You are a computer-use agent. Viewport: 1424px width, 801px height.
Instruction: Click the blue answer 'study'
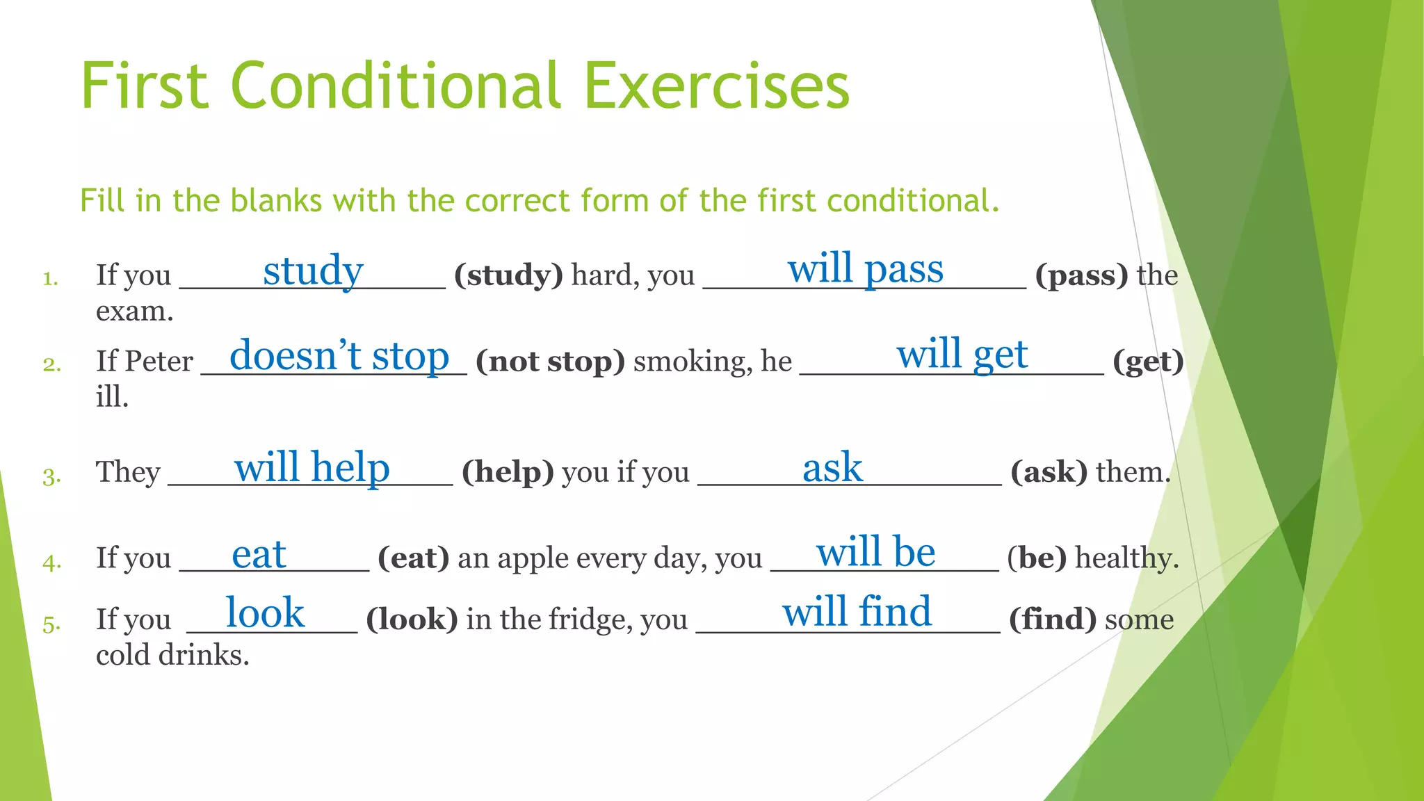click(313, 270)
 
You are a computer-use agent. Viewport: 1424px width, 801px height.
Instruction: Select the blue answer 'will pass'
click(865, 268)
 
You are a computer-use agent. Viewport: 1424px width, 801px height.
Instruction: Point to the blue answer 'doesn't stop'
click(339, 356)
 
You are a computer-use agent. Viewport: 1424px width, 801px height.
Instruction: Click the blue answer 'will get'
click(962, 354)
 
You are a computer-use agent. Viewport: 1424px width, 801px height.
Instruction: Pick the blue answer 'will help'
click(311, 467)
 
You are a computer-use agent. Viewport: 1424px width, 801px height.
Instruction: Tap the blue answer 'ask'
click(832, 467)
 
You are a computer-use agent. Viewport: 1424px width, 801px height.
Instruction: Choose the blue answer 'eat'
click(259, 555)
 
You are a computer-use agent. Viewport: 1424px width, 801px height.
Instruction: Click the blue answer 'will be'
click(875, 552)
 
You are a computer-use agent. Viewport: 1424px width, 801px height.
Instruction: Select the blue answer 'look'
click(265, 613)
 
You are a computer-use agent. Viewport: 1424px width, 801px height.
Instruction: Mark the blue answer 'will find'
click(857, 612)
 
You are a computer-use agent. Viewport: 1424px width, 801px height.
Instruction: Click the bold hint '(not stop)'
click(550, 362)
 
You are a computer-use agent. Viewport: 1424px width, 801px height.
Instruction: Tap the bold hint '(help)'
click(508, 472)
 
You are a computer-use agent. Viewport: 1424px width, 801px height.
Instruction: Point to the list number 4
click(51, 562)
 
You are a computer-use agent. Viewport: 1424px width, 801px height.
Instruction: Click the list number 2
click(51, 364)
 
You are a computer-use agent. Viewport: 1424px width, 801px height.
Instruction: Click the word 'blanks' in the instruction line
click(276, 201)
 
